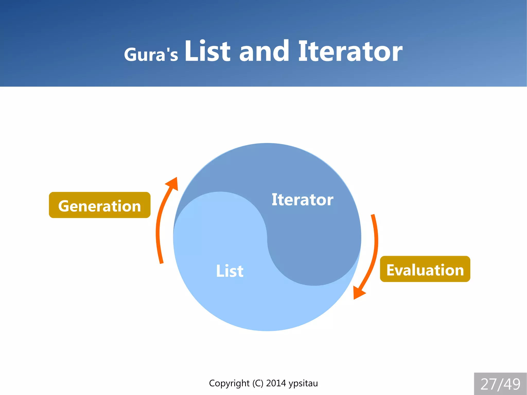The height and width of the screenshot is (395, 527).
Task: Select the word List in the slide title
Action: click(207, 51)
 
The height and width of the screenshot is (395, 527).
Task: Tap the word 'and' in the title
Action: click(264, 51)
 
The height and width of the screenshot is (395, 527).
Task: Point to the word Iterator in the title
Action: click(350, 51)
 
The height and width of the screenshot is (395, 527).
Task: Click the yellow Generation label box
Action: click(100, 205)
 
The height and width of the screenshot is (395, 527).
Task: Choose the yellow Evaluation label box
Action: click(425, 269)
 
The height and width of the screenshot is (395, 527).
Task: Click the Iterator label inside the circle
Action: click(302, 200)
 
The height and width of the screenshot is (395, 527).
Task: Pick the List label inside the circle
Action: click(230, 271)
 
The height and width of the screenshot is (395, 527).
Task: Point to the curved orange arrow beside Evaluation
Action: click(375, 247)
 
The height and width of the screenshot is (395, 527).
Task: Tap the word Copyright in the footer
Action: click(229, 383)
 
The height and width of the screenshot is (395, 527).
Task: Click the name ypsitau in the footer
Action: click(303, 383)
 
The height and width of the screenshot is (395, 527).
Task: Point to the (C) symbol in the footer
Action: click(258, 383)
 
